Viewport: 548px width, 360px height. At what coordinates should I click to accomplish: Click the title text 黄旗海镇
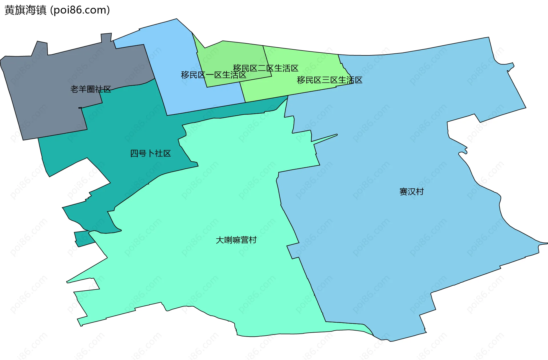pyautogui.click(x=25, y=10)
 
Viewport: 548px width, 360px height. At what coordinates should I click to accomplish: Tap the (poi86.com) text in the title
pyautogui.click(x=80, y=10)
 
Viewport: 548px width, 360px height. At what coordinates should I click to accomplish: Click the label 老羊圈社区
pyautogui.click(x=91, y=89)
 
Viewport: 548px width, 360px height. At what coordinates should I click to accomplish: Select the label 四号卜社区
pyautogui.click(x=150, y=153)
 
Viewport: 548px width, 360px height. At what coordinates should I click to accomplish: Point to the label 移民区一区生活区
pyautogui.click(x=213, y=75)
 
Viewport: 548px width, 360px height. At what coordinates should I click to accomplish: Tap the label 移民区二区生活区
pyautogui.click(x=265, y=68)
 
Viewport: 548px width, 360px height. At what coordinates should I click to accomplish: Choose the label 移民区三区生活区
pyautogui.click(x=329, y=80)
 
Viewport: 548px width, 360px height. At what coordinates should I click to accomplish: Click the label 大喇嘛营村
pyautogui.click(x=236, y=240)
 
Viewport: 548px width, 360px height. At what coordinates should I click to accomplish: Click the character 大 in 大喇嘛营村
pyautogui.click(x=220, y=240)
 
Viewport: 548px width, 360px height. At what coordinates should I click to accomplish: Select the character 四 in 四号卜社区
pyautogui.click(x=134, y=153)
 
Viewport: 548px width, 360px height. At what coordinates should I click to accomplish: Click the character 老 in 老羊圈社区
pyautogui.click(x=74, y=89)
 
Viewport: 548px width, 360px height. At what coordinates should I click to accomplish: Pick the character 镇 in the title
pyautogui.click(x=41, y=10)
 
